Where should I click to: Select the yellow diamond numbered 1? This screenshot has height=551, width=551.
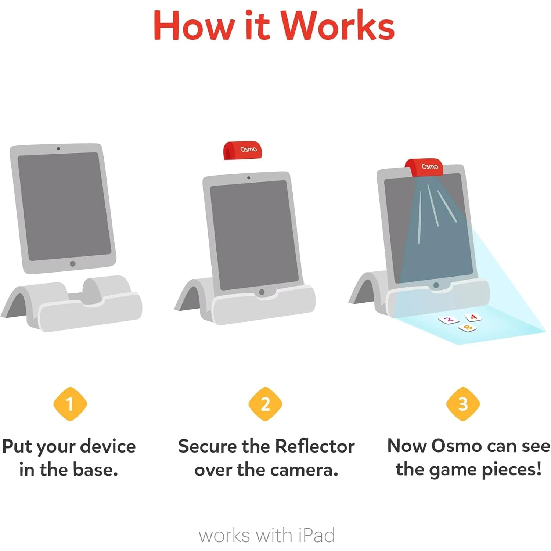click(x=70, y=404)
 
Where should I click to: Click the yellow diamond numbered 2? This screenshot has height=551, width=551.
click(x=265, y=404)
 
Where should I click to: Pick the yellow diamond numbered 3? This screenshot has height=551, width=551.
click(x=463, y=404)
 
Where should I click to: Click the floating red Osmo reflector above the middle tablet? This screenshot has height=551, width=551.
click(x=242, y=150)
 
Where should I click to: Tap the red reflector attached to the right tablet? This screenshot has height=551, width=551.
click(x=424, y=168)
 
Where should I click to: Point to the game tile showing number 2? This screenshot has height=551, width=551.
click(x=449, y=320)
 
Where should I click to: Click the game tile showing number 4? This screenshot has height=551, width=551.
click(x=473, y=317)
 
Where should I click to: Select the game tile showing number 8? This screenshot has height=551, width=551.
click(x=467, y=327)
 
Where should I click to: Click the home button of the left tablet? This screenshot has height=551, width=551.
click(x=73, y=264)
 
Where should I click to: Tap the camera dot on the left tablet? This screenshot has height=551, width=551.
click(x=58, y=149)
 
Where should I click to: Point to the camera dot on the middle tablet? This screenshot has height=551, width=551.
click(x=249, y=178)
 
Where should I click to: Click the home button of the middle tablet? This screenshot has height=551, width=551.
click(x=262, y=292)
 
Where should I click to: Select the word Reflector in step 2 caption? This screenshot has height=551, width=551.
click(x=314, y=447)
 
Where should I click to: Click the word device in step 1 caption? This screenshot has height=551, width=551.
click(x=108, y=447)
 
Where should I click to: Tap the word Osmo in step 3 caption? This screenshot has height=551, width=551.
click(x=456, y=446)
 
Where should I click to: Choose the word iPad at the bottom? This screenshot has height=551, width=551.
click(x=316, y=535)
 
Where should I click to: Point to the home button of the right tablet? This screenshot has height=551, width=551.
click(x=436, y=285)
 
